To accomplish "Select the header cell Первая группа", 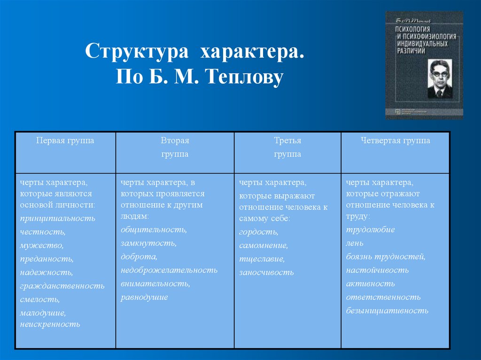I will (x=65, y=140).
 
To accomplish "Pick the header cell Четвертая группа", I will (x=395, y=140).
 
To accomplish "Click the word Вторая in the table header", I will (x=175, y=140).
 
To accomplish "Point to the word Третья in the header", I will (x=287, y=140).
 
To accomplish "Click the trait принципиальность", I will (x=57, y=218).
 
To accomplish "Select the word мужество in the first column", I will (x=41, y=245).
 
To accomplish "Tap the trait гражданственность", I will (x=62, y=285).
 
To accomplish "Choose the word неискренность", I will (x=50, y=324).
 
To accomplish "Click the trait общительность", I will (x=154, y=230).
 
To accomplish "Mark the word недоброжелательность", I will (x=169, y=270).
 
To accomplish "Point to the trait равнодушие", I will (x=144, y=297).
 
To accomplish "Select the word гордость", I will (x=258, y=232).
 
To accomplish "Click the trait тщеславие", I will (x=262, y=259).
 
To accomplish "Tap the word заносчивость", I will (x=266, y=272).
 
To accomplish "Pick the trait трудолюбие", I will (x=370, y=230).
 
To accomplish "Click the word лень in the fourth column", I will (x=355, y=243).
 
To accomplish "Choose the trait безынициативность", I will (x=387, y=310).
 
